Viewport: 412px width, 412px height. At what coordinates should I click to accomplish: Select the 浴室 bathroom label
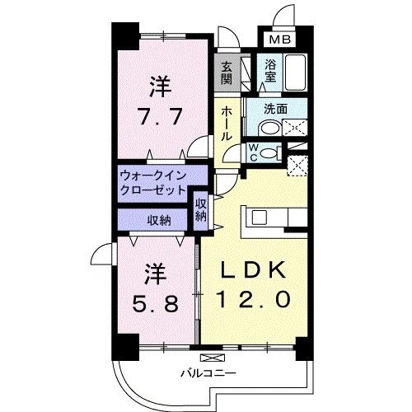pos(269,72)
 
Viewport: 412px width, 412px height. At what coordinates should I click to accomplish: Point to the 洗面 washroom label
pos(275,107)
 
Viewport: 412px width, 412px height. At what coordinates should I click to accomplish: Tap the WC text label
pos(255,152)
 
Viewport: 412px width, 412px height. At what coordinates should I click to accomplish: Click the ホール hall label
pos(226,124)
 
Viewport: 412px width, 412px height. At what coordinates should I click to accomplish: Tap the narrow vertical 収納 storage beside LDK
pos(200,209)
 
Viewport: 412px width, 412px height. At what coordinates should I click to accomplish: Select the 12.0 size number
pos(254,299)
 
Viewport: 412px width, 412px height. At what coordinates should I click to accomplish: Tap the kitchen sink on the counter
pos(260,217)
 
